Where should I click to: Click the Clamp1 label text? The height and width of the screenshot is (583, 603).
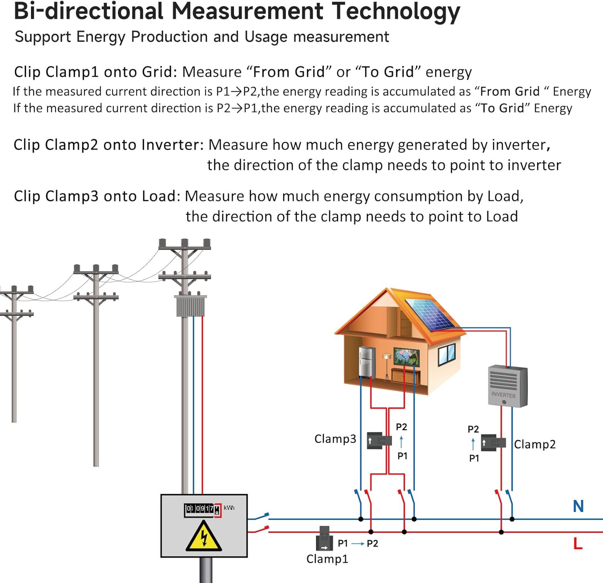327,559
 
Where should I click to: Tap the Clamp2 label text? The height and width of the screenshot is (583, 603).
535,444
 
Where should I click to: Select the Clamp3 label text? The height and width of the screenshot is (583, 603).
335,438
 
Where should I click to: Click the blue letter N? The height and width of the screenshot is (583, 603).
578,506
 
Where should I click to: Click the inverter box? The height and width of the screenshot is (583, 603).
507,385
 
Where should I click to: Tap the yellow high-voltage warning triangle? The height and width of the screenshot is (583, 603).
204,537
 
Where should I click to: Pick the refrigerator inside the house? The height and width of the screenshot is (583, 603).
367,362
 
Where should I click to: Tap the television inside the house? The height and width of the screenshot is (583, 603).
406,357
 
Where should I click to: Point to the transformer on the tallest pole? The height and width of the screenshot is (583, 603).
190,306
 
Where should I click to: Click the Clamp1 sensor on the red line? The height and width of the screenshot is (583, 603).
324,538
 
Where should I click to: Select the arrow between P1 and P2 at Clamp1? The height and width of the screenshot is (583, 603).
358,544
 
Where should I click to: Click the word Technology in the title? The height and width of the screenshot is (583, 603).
396,11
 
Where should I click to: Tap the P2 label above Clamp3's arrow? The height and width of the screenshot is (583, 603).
401,427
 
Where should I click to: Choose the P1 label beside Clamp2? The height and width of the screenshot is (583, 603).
474,458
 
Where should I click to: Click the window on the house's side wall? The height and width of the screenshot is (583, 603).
447,354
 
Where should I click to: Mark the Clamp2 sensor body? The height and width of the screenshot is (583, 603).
493,442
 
